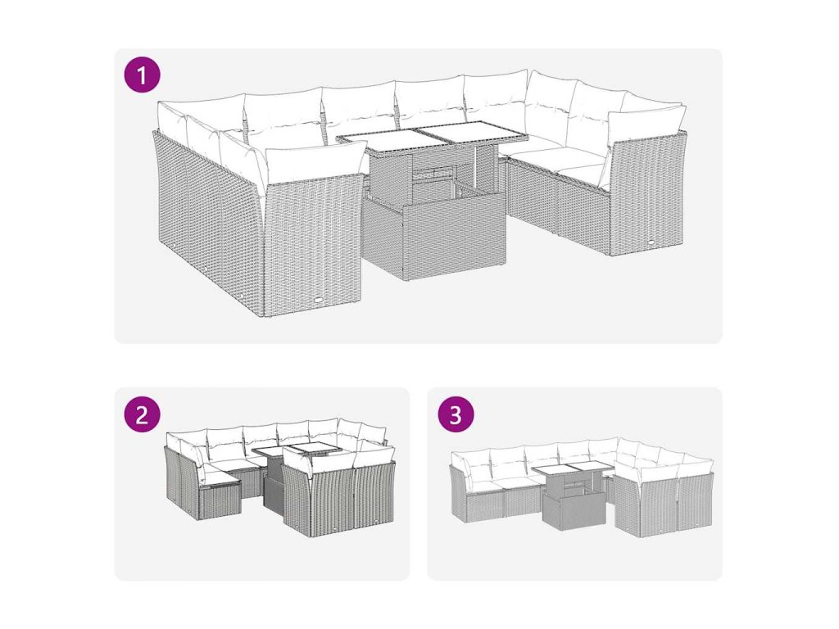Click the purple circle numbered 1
click(x=142, y=75)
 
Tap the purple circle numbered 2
click(x=142, y=414)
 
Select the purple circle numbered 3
click(x=456, y=414)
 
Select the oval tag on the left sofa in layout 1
click(x=320, y=301)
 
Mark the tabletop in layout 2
click(x=295, y=450)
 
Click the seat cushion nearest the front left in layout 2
click(x=221, y=477)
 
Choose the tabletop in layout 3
click(x=573, y=468)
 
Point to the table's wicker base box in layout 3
click(x=574, y=505)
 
